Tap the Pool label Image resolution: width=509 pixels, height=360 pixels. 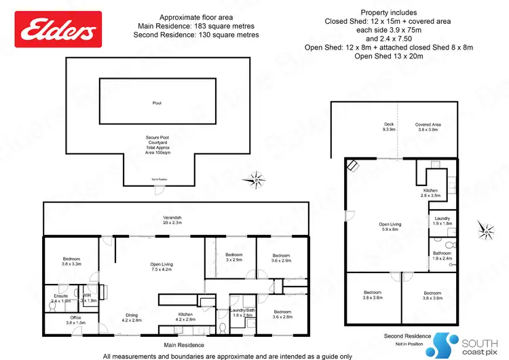157,103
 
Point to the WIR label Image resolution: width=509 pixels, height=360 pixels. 88,298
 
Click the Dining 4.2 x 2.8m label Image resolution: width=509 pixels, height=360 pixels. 132,317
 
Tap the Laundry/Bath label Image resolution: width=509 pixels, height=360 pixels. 242,313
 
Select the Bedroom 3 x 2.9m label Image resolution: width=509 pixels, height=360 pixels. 233,257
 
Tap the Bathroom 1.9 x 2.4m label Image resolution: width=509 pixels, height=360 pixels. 442,255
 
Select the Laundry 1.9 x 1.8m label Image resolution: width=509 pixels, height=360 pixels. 442,220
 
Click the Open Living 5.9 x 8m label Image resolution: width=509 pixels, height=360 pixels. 390,227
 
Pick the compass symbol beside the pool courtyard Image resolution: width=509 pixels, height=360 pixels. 257,179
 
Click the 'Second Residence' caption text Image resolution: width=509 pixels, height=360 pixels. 407,336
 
